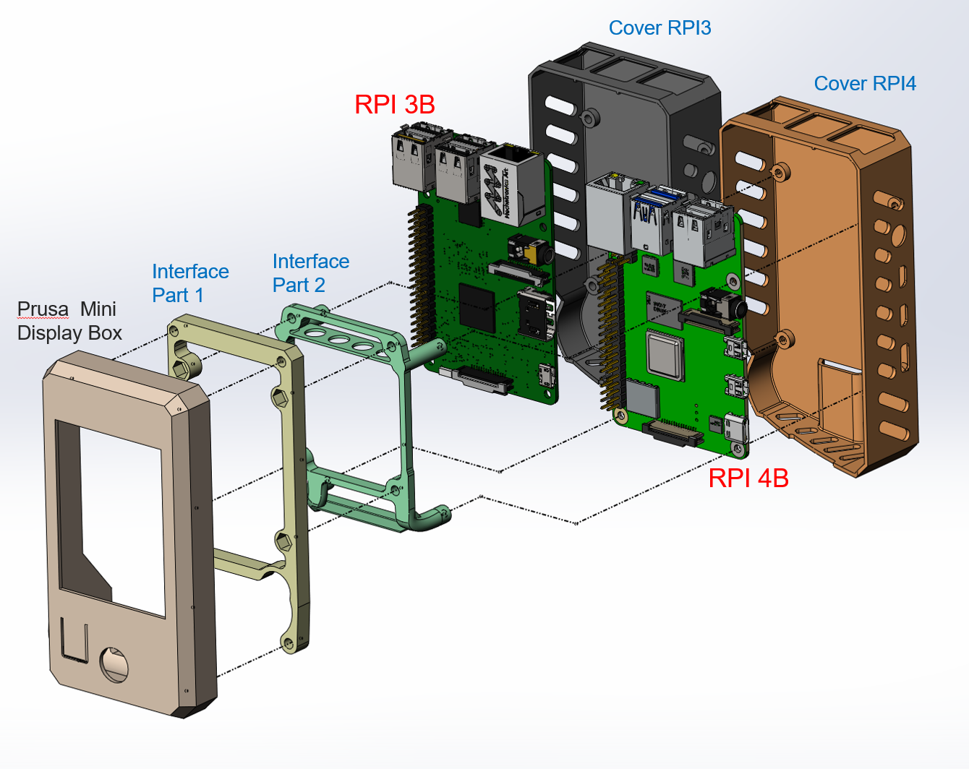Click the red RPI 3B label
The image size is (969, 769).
394,105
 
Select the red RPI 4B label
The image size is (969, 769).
748,478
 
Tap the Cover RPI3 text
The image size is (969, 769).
659,28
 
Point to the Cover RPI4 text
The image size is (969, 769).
864,84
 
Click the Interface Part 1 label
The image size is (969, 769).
190,283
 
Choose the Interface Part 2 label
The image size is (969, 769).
310,272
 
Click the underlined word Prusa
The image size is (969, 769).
43,309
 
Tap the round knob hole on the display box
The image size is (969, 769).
114,664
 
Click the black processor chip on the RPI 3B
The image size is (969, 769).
477,306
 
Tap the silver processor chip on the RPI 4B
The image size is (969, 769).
665,355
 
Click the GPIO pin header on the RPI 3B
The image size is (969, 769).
422,275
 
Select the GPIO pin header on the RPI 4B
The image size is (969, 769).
611,332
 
